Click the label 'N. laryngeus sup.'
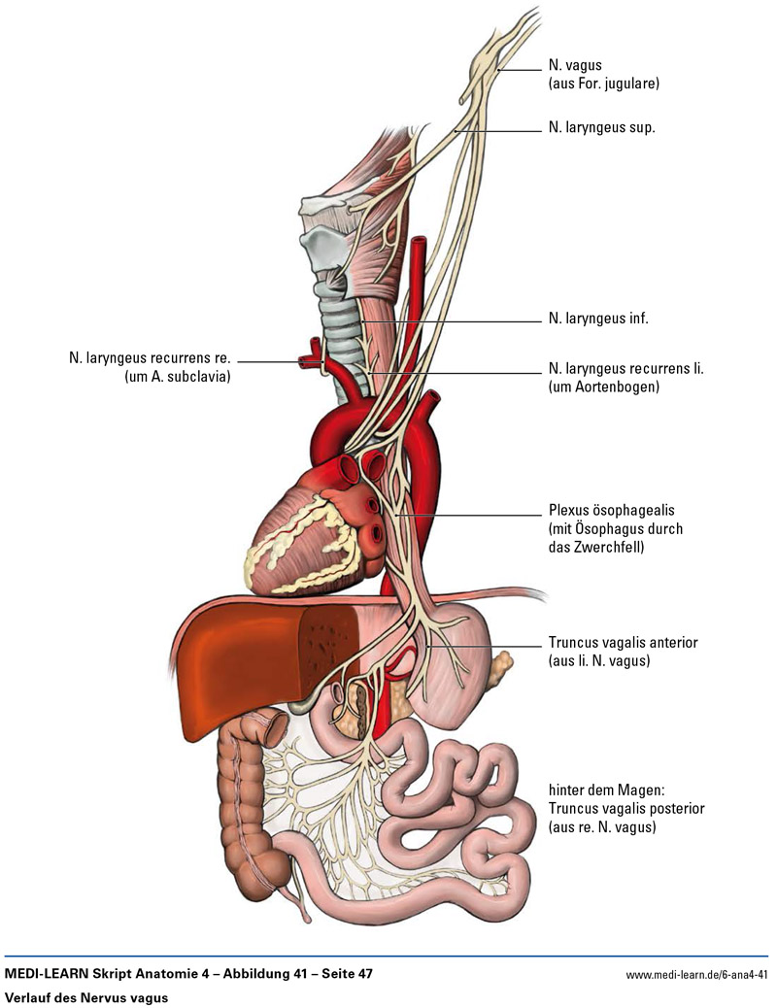[601, 126]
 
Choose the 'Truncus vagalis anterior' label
[623, 643]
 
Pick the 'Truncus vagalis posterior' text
[626, 808]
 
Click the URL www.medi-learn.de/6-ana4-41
[696, 974]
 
